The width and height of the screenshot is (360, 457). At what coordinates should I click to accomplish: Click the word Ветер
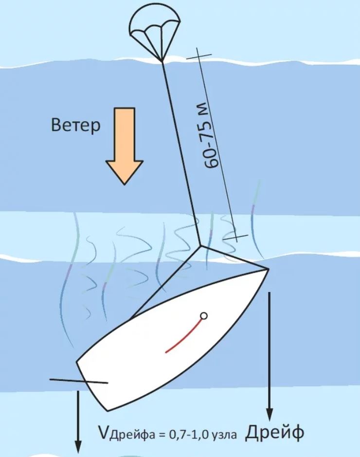(76, 126)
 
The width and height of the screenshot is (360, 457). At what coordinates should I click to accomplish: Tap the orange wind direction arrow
(125, 146)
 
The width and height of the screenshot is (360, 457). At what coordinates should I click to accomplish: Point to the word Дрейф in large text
(274, 432)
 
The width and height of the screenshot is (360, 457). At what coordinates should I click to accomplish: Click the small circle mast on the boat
(204, 316)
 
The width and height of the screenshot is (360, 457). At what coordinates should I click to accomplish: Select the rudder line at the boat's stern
(79, 381)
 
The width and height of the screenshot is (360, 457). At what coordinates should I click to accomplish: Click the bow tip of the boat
(268, 269)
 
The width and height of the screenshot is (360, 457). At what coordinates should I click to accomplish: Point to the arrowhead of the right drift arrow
(270, 415)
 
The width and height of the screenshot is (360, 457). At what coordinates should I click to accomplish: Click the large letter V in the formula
(104, 433)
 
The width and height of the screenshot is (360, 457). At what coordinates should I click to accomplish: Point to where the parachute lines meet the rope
(162, 61)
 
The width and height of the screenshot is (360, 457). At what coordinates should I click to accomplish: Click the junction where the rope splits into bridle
(201, 246)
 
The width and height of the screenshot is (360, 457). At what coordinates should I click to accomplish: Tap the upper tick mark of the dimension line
(199, 55)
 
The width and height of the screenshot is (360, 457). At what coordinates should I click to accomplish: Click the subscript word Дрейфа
(133, 436)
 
